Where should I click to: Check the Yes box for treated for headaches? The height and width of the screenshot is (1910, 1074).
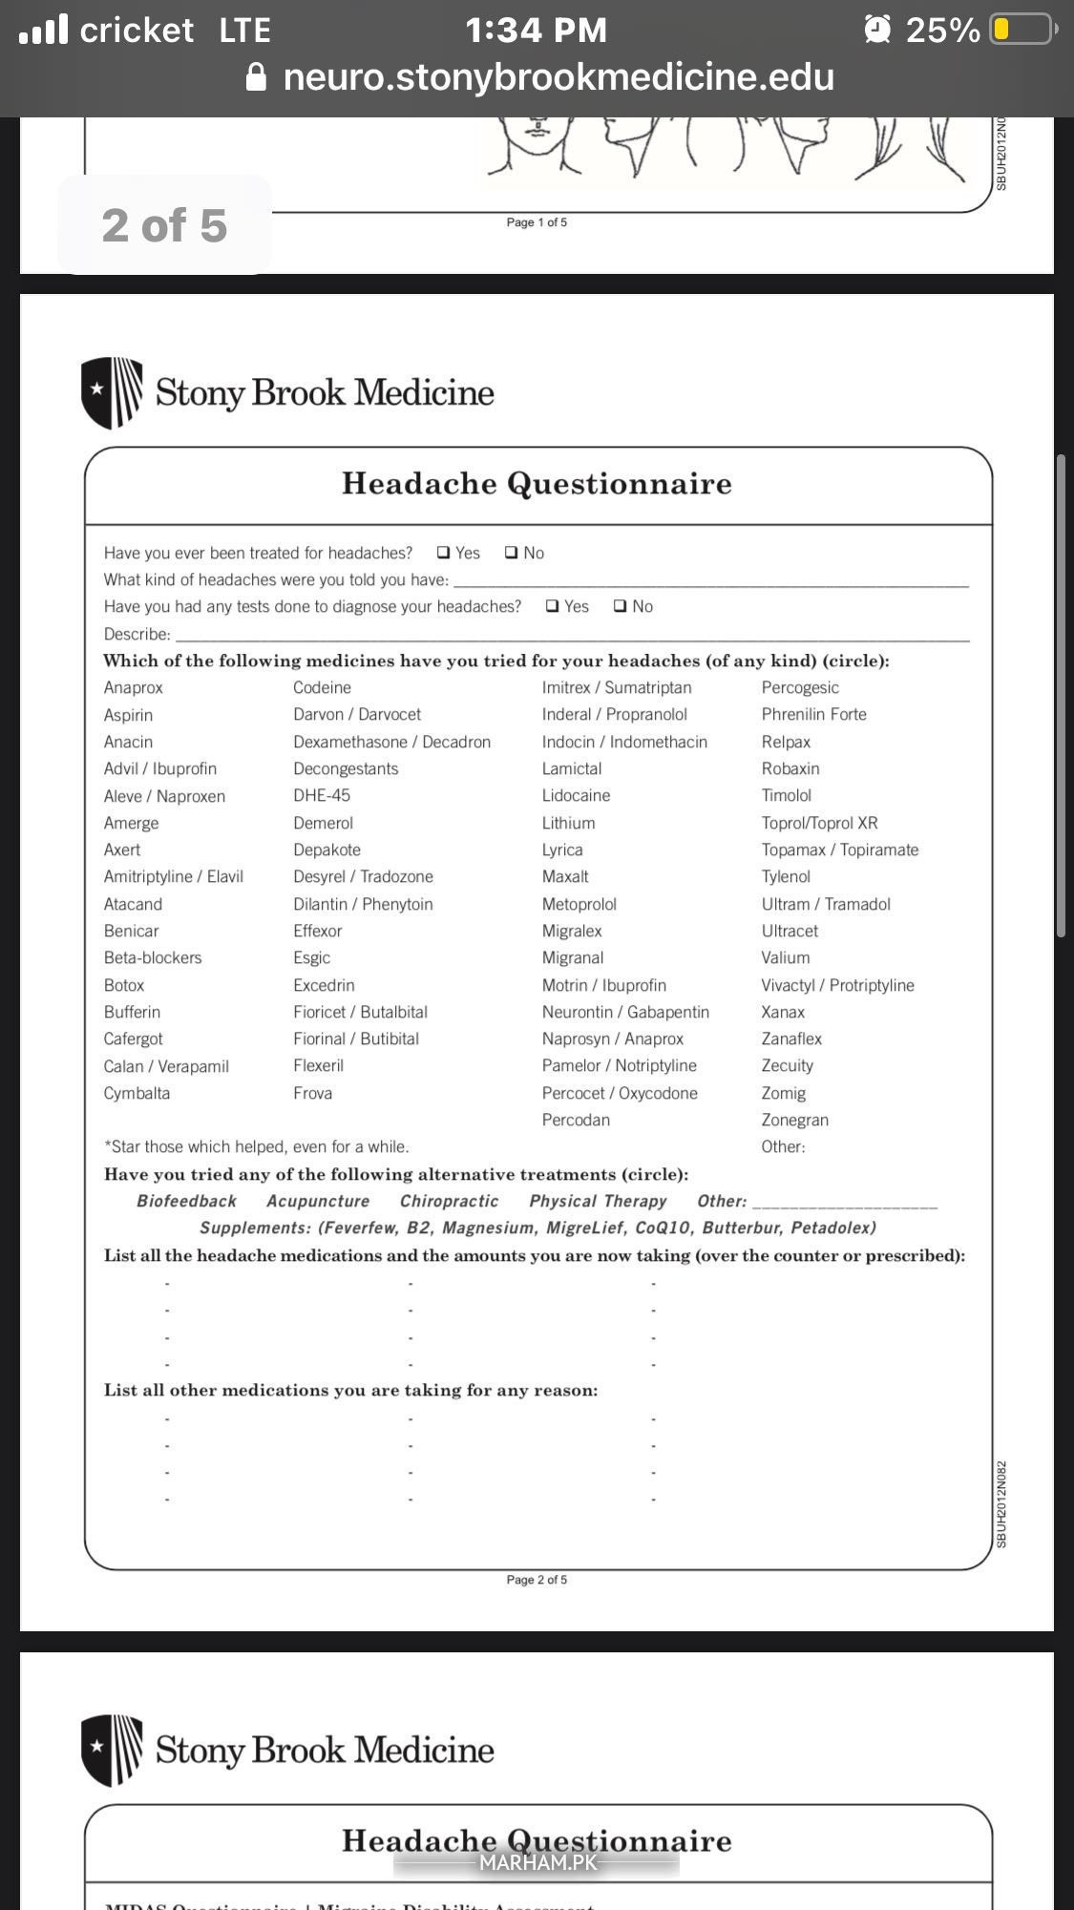tap(444, 553)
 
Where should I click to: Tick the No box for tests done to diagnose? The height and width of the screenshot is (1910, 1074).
tap(621, 606)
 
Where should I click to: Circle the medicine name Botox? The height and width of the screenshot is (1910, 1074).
tap(124, 985)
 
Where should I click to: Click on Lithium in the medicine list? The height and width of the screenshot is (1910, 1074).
tap(568, 823)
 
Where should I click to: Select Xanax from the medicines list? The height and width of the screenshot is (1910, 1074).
tap(783, 1012)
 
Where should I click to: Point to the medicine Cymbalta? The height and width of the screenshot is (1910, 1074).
tap(137, 1093)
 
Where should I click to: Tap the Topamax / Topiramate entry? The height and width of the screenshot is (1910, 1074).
tap(839, 850)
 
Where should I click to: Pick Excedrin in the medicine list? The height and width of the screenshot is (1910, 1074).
tap(324, 985)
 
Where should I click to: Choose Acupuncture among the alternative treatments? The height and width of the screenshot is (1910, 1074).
tap(318, 1201)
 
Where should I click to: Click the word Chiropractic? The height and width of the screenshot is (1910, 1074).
tap(449, 1201)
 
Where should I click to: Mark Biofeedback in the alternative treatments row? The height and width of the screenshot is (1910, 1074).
tap(186, 1201)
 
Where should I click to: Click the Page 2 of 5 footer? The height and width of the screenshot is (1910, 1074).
tap(537, 1580)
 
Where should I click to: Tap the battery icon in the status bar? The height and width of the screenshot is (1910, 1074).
tap(1021, 30)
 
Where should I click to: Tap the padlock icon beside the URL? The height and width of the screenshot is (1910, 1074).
tap(256, 76)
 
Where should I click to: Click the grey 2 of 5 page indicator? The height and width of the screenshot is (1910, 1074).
tap(164, 225)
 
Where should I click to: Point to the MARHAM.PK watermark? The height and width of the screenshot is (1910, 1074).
tap(537, 1861)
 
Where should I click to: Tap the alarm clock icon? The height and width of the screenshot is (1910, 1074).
tap(877, 30)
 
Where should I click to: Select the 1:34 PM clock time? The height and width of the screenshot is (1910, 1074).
tap(536, 31)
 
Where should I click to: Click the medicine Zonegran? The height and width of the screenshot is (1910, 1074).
tap(794, 1120)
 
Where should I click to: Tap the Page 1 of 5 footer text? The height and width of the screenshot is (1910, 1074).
tap(537, 222)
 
